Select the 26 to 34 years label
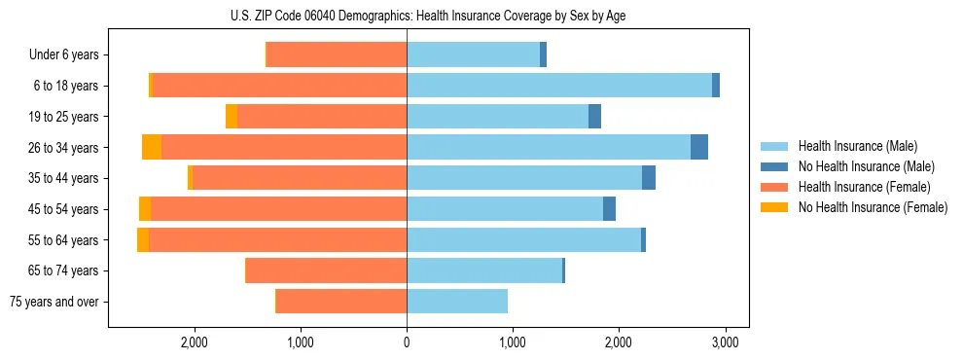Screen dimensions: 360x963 click(64, 148)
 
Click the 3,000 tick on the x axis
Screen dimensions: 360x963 click(724, 342)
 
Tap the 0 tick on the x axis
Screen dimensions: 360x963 click(407, 342)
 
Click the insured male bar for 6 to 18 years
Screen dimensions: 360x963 click(559, 86)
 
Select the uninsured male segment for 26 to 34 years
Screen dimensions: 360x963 click(699, 147)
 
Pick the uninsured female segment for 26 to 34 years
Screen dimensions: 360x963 click(152, 147)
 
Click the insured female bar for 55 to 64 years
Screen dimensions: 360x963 click(277, 239)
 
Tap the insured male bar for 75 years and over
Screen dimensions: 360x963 click(457, 302)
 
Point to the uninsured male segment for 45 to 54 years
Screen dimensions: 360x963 click(609, 209)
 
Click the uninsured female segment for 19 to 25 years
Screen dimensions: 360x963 click(232, 117)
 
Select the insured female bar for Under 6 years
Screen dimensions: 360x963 click(337, 55)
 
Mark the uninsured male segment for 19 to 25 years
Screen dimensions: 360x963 click(594, 117)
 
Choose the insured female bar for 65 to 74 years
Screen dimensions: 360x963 click(326, 270)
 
